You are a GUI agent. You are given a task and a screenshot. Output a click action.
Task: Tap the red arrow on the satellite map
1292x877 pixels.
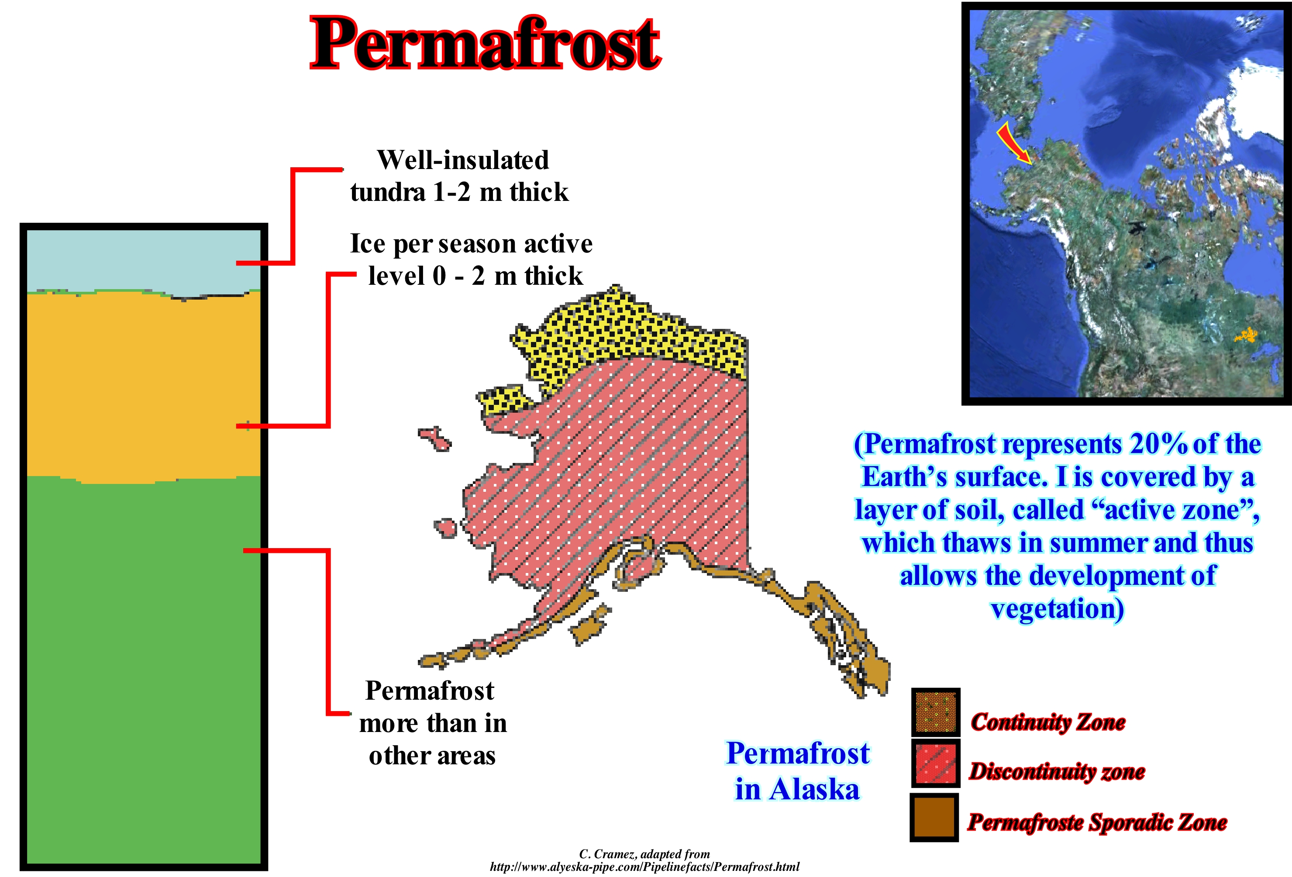[1013, 144]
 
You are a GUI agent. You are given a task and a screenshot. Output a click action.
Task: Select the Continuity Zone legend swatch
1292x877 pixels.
[936, 712]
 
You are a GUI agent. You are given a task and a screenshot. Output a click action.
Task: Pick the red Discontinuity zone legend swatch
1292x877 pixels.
[936, 763]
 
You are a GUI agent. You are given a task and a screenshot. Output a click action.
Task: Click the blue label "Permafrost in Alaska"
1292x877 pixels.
[798, 771]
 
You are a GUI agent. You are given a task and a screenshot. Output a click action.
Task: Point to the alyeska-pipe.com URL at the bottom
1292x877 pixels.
[644, 867]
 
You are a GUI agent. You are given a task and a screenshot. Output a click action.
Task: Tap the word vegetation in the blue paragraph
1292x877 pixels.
[1057, 609]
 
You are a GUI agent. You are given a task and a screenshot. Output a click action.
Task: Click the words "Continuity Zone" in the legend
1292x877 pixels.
[1048, 722]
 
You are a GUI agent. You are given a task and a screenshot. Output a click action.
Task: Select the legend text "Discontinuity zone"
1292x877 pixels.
[1057, 771]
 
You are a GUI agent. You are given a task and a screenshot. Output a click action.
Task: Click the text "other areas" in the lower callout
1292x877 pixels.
[432, 756]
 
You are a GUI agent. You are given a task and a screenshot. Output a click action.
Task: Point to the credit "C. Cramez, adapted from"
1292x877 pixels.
[644, 854]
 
